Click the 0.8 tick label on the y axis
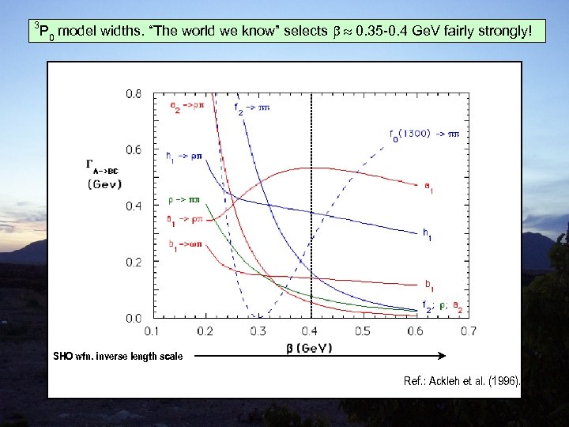pyautogui.click(x=134, y=94)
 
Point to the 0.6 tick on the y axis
pyautogui.click(x=134, y=150)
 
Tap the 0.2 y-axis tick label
pyautogui.click(x=134, y=262)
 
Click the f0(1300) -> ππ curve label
pyautogui.click(x=424, y=134)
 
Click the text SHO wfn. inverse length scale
pyautogui.click(x=118, y=357)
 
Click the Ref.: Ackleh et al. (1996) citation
pyautogui.click(x=462, y=381)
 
